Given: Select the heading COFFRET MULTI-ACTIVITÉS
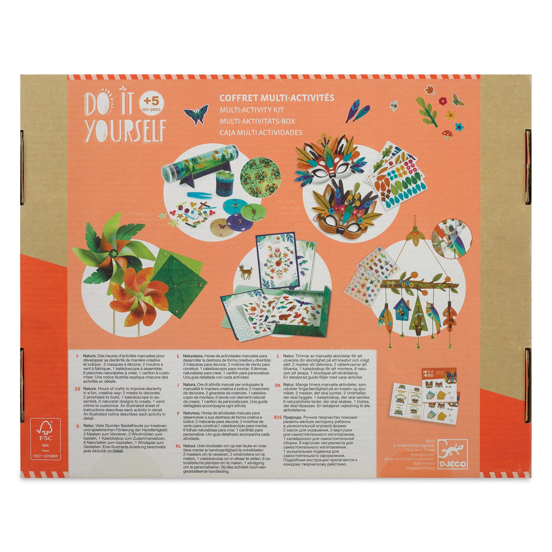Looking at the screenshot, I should (x=277, y=98).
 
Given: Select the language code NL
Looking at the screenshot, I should (x=178, y=446).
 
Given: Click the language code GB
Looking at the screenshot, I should (x=78, y=389).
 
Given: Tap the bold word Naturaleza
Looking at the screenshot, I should (x=194, y=356).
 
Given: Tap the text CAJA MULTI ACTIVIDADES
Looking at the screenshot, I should (x=261, y=133).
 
